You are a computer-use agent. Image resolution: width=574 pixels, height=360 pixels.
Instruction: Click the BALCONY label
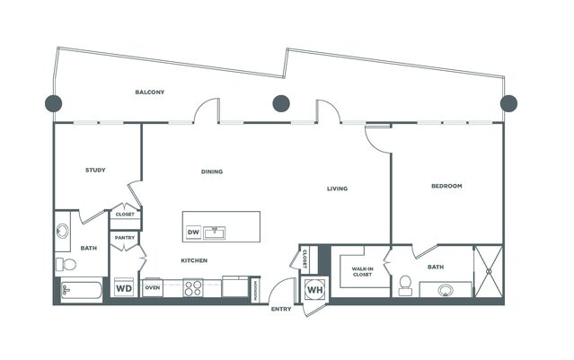[150, 92]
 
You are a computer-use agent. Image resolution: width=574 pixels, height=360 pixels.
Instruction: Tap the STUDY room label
[95, 170]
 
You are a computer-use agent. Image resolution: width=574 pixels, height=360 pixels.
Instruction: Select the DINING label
[212, 171]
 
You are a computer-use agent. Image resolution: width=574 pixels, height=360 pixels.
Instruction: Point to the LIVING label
[337, 189]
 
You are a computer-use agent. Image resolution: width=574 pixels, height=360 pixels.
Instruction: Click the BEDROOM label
[446, 186]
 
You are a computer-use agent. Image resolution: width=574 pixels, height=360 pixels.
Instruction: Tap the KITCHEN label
[194, 260]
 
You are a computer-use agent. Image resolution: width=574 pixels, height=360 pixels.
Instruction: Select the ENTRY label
[281, 309]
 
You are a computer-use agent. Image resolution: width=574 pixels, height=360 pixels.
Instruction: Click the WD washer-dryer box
[124, 288]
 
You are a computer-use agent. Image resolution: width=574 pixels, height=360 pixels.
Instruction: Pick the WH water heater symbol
[314, 290]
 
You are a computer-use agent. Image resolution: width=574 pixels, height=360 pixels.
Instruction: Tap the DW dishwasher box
[193, 232]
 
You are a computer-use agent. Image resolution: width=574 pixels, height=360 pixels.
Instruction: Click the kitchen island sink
[214, 233]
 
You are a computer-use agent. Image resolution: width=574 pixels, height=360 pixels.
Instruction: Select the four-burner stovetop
[193, 288]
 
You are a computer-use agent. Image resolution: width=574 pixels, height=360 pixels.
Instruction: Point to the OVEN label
[153, 287]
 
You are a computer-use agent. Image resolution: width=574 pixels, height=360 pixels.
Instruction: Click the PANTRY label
[125, 238]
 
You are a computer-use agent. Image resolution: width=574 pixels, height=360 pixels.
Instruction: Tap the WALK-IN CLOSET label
[362, 271]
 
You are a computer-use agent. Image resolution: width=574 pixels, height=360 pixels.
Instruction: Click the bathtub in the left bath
[81, 291]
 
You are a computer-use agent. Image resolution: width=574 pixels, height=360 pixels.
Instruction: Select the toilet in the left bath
[66, 264]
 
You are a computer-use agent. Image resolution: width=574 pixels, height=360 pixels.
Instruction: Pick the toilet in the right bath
[405, 285]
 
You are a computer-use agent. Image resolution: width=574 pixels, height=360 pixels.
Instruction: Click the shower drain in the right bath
[489, 271]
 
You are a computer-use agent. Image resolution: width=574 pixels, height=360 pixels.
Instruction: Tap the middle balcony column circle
[281, 103]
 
